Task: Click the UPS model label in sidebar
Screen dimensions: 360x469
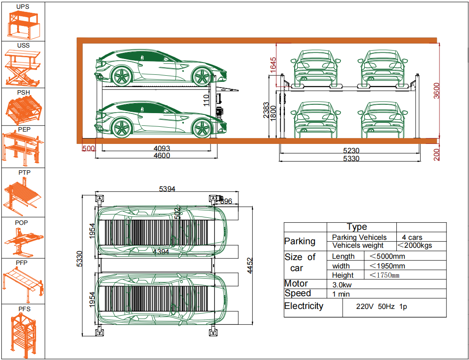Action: click(23, 7)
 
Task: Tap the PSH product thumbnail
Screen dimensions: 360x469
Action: click(23, 110)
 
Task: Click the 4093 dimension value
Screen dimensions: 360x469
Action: click(161, 149)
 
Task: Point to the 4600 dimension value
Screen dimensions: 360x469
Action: click(162, 156)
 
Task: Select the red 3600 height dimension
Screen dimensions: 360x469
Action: click(436, 91)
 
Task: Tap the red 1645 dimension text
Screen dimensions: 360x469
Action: click(273, 65)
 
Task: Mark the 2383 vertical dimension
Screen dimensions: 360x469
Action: click(266, 111)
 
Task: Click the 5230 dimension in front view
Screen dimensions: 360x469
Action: click(351, 151)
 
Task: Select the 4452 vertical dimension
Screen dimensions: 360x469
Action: click(250, 265)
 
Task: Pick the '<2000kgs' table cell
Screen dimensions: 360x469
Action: click(415, 246)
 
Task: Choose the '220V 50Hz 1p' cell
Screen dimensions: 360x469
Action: click(381, 307)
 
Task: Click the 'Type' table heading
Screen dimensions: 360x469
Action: click(357, 227)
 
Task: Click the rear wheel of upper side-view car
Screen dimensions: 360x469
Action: click(122, 76)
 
